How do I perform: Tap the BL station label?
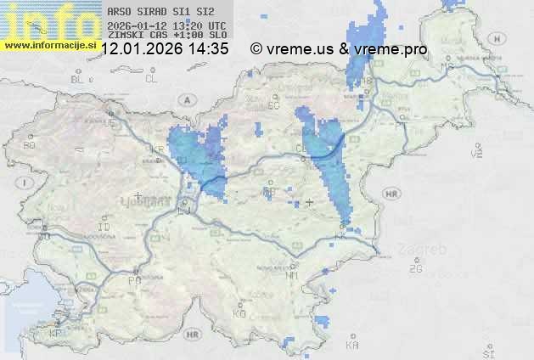click(78, 79)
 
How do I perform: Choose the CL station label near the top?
click(151, 79)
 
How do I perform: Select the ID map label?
click(104, 228)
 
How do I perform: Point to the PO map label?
click(133, 279)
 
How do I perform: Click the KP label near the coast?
click(56, 333)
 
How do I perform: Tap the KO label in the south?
click(239, 313)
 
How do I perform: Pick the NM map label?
click(293, 275)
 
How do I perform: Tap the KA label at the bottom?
click(352, 346)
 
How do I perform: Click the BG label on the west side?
click(31, 145)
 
